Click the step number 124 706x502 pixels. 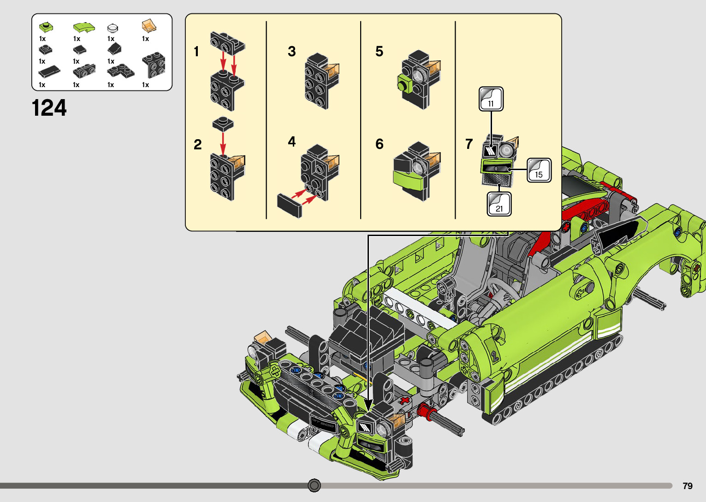[49, 108]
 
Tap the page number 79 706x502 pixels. [688, 486]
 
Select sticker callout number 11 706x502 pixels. [491, 99]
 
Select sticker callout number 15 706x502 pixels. [539, 170]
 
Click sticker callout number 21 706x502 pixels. [499, 204]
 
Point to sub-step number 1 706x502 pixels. [196, 51]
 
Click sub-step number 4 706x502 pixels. [292, 142]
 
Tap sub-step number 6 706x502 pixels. [380, 144]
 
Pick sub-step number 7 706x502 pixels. [469, 144]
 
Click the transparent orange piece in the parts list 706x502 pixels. [149, 26]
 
